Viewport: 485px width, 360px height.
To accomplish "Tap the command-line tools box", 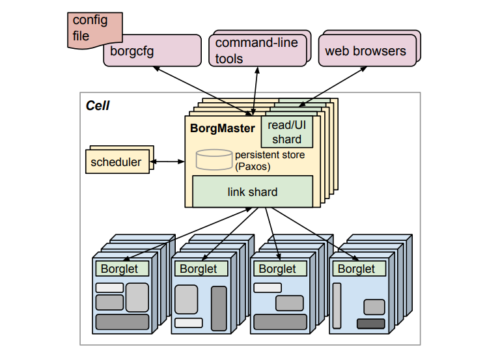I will click(x=256, y=50).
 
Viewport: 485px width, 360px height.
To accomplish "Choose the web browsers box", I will click(x=365, y=51).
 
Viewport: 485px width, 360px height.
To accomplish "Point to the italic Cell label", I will click(x=98, y=105).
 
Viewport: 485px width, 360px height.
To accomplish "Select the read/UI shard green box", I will click(x=286, y=132).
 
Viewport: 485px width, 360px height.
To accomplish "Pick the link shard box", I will click(x=252, y=191).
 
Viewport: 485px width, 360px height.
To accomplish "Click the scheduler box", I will click(x=116, y=162).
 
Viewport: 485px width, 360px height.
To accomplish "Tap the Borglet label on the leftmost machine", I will click(x=120, y=268).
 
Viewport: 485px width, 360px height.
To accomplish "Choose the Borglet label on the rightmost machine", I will click(x=357, y=268).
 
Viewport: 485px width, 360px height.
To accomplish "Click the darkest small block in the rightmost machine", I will click(x=370, y=324).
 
